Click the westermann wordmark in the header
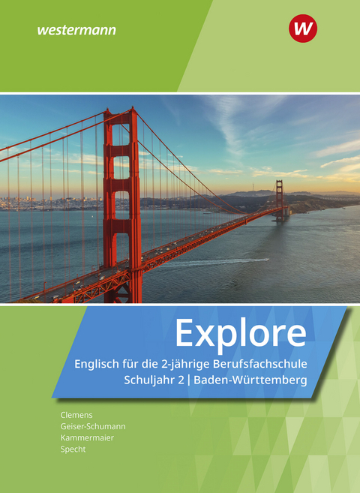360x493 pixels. coord(76,31)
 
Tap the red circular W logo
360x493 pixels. coord(303,29)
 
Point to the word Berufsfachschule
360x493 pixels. coord(259,364)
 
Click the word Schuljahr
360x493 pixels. coord(150,380)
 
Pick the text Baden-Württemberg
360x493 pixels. coord(250,380)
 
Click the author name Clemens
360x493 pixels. coord(76,415)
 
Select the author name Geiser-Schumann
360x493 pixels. coord(93,426)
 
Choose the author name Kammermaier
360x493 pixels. coord(87,437)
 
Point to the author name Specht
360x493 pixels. coord(73,449)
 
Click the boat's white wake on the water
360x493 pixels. coord(217,262)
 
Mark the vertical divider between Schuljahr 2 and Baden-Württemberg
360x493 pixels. coord(189,380)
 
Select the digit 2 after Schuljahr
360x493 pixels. coord(181,380)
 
